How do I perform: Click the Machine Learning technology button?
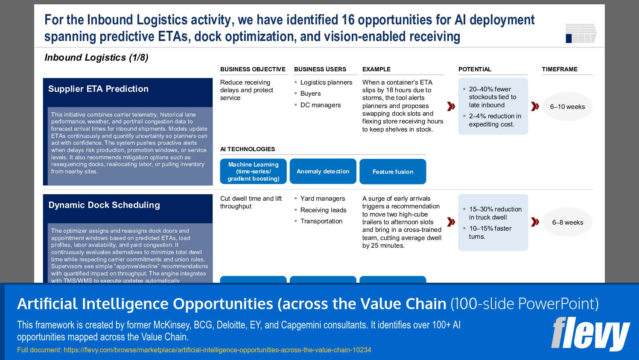pyautogui.click(x=253, y=171)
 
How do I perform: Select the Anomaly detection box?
pyautogui.click(x=323, y=171)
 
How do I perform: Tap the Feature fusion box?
pyautogui.click(x=393, y=172)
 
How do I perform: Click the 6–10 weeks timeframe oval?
pyautogui.click(x=567, y=107)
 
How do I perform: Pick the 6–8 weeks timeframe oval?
pyautogui.click(x=567, y=222)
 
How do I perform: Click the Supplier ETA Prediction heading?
pyautogui.click(x=98, y=89)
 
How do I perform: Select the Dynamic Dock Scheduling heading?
pyautogui.click(x=104, y=205)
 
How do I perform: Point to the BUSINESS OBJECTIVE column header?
pyautogui.click(x=253, y=69)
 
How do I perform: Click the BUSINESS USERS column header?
pyautogui.click(x=320, y=69)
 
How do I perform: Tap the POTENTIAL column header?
pyautogui.click(x=475, y=69)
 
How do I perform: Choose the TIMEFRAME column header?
pyautogui.click(x=560, y=69)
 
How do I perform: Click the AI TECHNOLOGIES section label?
pyautogui.click(x=248, y=149)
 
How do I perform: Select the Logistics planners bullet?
pyautogui.click(x=326, y=82)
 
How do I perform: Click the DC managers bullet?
pyautogui.click(x=320, y=105)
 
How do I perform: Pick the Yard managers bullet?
pyautogui.click(x=322, y=199)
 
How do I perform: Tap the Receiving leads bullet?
pyautogui.click(x=323, y=210)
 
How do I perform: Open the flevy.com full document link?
pyautogui.click(x=217, y=350)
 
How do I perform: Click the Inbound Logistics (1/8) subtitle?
pyautogui.click(x=96, y=58)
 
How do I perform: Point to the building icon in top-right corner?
pyautogui.click(x=581, y=33)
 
